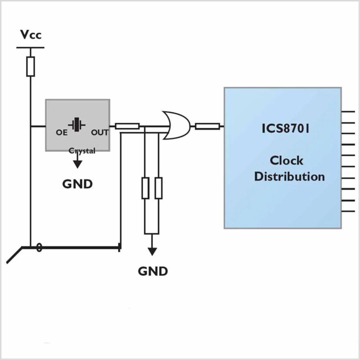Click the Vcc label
click(31, 35)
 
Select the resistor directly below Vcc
click(30, 66)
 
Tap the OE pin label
click(62, 132)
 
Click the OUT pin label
click(100, 132)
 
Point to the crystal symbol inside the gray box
click(76, 125)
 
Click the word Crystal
click(82, 151)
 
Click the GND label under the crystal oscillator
click(77, 184)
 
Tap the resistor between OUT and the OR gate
click(127, 126)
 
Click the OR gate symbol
click(177, 125)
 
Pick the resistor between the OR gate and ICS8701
click(207, 127)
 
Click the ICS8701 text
click(285, 129)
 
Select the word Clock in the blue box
click(286, 161)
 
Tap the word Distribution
click(289, 177)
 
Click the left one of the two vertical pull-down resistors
click(145, 188)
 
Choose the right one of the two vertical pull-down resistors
click(158, 188)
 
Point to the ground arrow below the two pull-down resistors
click(152, 245)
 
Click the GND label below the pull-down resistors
click(153, 271)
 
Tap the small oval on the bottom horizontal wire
click(39, 247)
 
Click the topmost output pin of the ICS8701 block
click(348, 112)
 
